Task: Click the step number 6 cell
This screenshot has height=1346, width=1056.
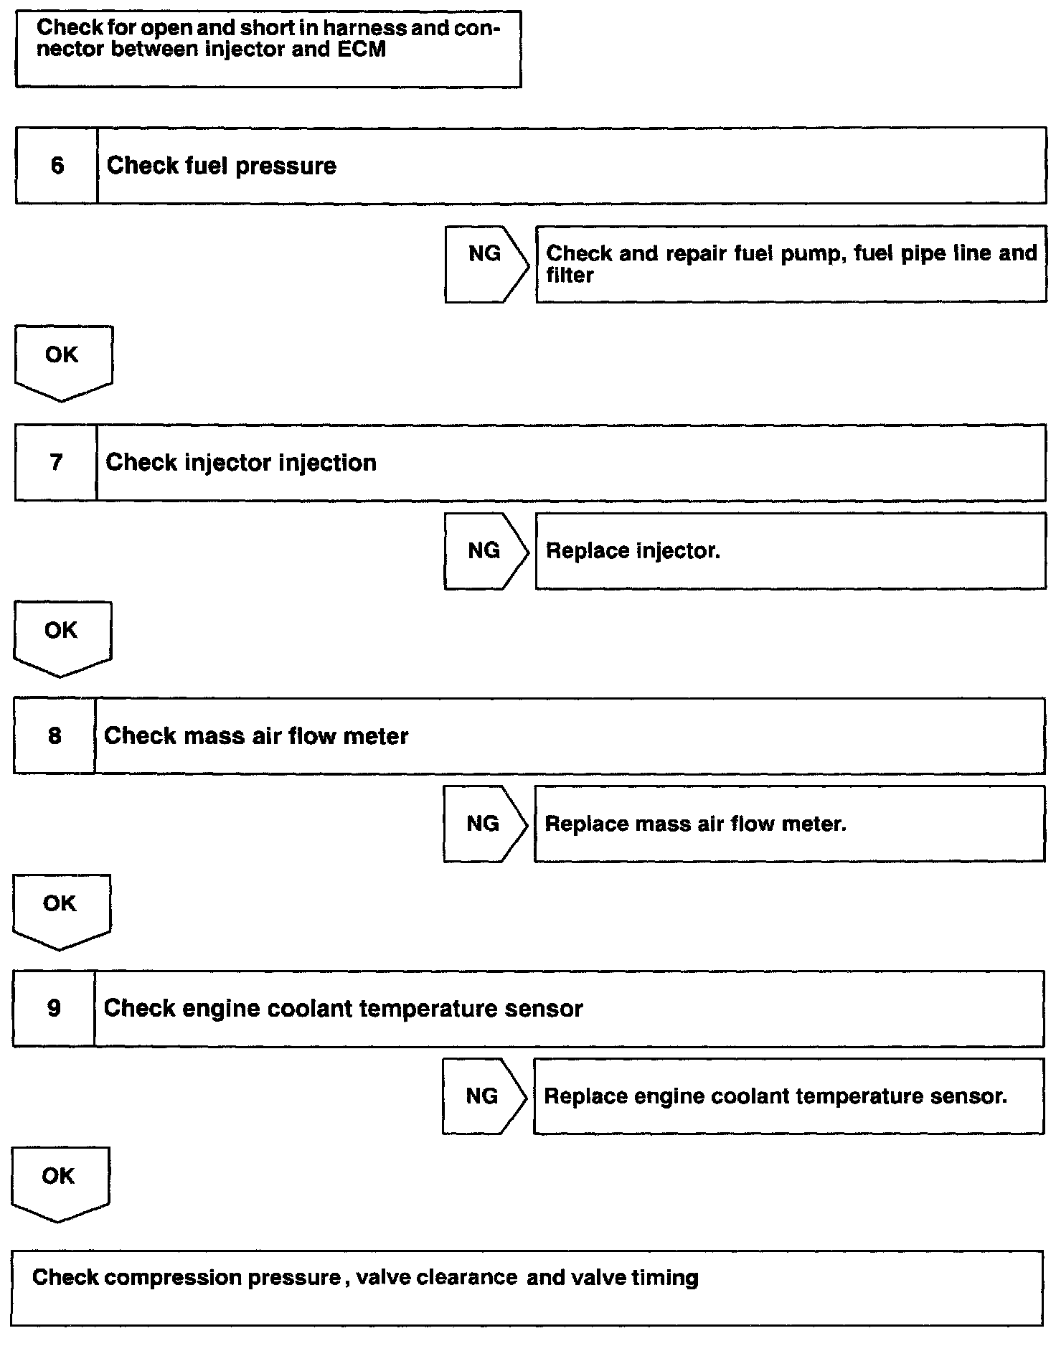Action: (57, 166)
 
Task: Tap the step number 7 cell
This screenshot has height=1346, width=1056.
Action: (56, 463)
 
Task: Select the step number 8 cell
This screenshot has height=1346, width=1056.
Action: (55, 736)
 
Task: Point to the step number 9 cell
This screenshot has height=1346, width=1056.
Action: (54, 1009)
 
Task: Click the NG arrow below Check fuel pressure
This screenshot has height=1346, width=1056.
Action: (486, 265)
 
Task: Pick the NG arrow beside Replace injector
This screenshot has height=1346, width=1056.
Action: (485, 551)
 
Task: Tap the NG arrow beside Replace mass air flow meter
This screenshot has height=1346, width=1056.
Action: (484, 824)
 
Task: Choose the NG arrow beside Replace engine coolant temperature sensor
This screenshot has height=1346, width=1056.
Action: (483, 1096)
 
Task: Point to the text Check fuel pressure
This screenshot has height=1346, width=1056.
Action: (222, 166)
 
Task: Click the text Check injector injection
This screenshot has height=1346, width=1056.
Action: (241, 463)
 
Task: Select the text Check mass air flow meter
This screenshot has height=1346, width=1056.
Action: (256, 736)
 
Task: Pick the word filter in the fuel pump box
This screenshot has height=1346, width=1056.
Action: (570, 276)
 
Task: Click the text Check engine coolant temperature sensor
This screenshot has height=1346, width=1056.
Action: (343, 1009)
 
